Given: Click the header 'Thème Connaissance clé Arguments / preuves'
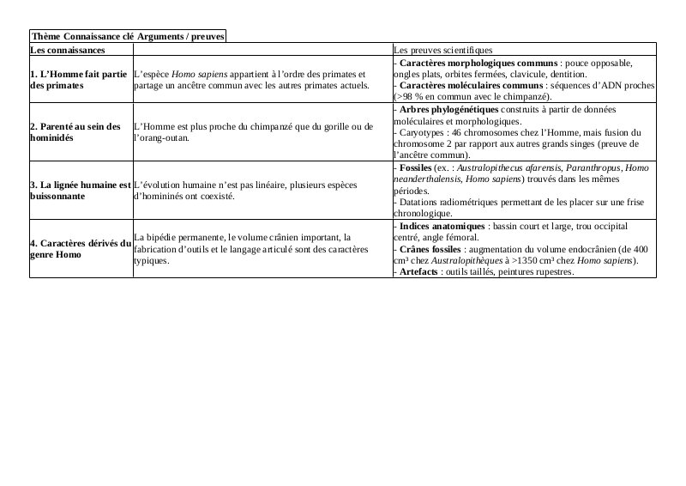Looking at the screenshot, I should pyautogui.click(x=127, y=36).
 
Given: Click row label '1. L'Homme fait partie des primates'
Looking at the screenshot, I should pyautogui.click(x=78, y=80).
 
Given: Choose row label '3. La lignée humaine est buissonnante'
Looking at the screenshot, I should pyautogui.click(x=80, y=191).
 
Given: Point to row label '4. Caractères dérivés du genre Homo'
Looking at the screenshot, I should pyautogui.click(x=80, y=249).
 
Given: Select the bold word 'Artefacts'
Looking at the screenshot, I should pyautogui.click(x=420, y=271).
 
